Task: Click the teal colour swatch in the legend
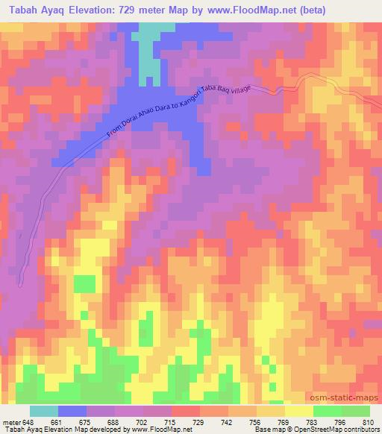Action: click(44, 410)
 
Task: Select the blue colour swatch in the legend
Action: click(72, 410)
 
